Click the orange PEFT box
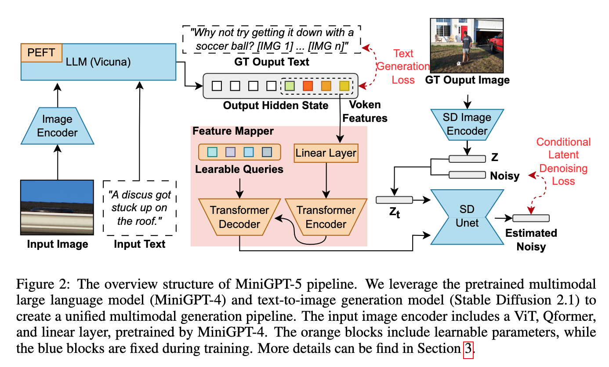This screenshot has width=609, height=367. (x=41, y=52)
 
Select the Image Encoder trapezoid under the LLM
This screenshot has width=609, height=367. (x=58, y=126)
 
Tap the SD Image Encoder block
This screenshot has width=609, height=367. (x=467, y=124)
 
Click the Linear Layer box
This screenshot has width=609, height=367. (x=326, y=154)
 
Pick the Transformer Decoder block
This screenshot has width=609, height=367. (x=239, y=217)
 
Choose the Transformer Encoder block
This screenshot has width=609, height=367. (x=326, y=217)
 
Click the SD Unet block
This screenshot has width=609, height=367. (x=467, y=217)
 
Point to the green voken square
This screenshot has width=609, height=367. (x=289, y=86)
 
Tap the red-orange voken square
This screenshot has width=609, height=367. (x=308, y=86)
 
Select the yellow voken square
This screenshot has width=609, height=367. (x=344, y=86)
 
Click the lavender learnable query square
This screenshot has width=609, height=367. (x=230, y=152)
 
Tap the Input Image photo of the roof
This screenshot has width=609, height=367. (x=58, y=207)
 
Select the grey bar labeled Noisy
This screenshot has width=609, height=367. (x=466, y=175)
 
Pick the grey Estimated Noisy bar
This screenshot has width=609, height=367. (x=530, y=218)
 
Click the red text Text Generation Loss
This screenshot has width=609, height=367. (x=403, y=66)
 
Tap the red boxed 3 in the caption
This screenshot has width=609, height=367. (x=468, y=349)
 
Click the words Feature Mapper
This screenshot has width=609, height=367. (x=233, y=131)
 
